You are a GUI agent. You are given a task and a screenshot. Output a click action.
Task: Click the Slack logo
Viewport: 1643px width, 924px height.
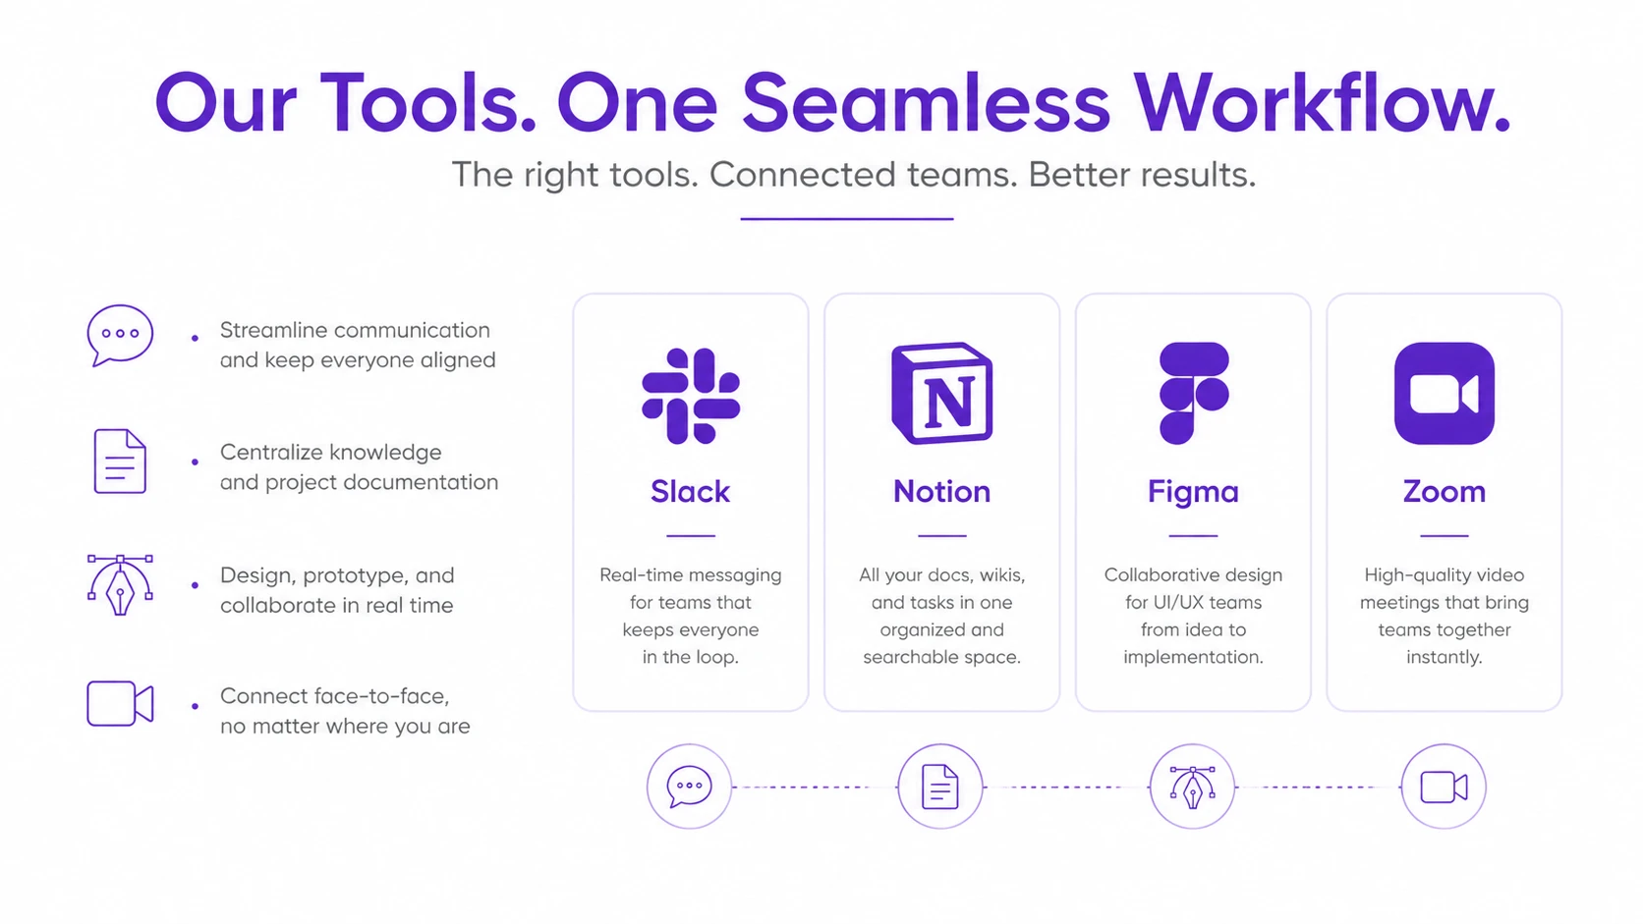click(x=690, y=396)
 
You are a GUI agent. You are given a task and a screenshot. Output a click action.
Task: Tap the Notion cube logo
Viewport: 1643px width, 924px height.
click(x=941, y=394)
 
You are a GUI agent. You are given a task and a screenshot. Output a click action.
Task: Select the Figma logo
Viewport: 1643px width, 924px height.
click(x=1193, y=394)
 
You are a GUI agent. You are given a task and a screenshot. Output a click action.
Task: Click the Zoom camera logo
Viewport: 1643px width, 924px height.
click(x=1445, y=394)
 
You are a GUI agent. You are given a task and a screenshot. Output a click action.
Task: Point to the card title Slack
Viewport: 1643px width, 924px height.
click(x=690, y=492)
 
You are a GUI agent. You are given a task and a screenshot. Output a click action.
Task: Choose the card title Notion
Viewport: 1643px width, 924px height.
click(x=941, y=492)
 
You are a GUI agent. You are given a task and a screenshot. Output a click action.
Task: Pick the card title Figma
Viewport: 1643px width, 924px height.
click(x=1193, y=492)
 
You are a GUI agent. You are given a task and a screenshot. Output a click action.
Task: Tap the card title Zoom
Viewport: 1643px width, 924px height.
click(x=1445, y=492)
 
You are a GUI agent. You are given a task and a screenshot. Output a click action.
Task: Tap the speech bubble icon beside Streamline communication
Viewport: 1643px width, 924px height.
click(x=120, y=336)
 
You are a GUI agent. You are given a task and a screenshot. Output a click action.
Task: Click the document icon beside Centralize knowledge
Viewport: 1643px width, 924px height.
click(x=120, y=461)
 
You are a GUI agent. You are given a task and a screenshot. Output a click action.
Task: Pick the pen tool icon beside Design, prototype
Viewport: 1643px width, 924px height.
click(x=120, y=584)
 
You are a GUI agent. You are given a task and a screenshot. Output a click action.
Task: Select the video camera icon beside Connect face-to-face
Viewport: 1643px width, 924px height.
click(x=120, y=703)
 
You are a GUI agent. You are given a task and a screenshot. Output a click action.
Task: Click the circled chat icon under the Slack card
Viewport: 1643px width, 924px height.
click(x=689, y=787)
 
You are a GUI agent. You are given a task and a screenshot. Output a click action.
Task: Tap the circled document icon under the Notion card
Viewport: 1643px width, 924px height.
click(x=940, y=787)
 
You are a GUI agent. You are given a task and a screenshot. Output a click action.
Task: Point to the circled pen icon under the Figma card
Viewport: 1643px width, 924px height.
click(x=1192, y=787)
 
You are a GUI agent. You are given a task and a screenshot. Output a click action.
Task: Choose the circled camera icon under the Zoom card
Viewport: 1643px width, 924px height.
click(x=1444, y=787)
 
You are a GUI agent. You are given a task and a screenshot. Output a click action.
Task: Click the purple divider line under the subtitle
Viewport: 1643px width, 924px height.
click(x=846, y=218)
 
